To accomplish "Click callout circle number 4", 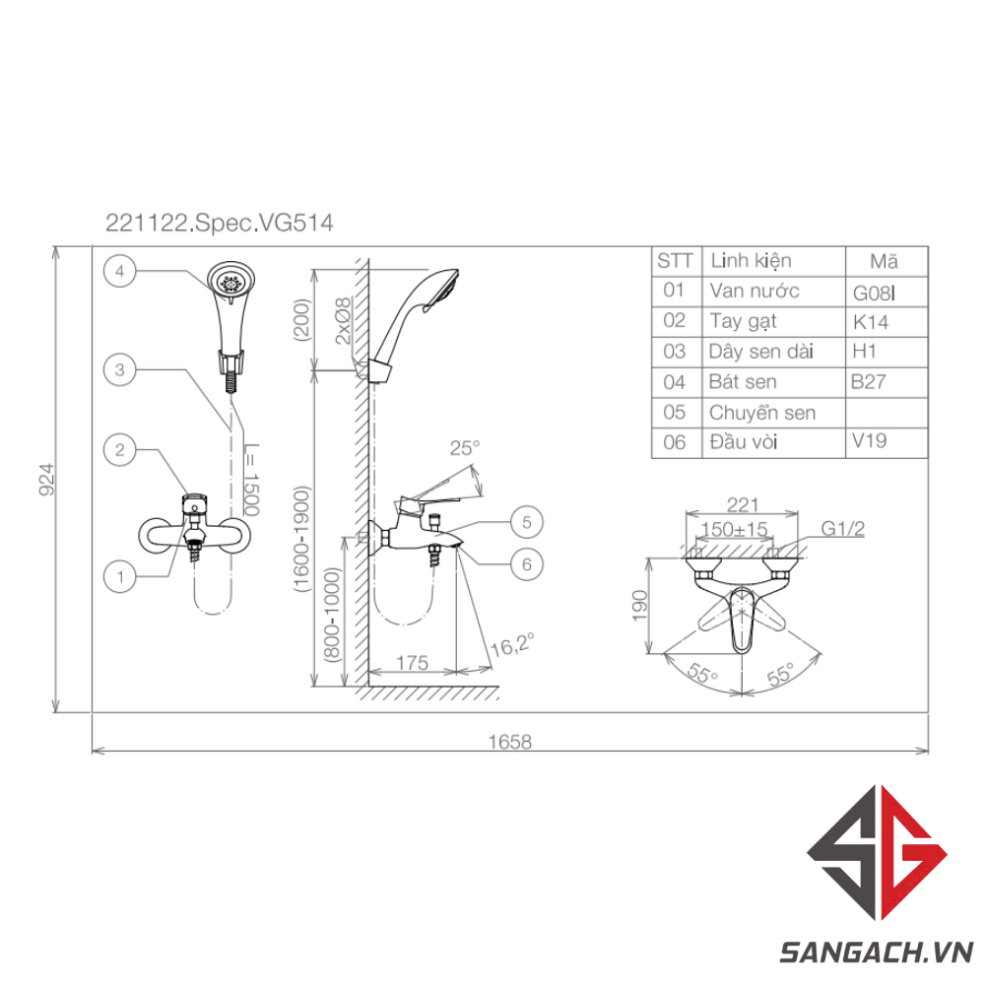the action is coord(119,272).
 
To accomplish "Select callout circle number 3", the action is coord(119,370).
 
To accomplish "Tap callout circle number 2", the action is coord(119,450).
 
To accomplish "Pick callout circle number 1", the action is coord(119,576).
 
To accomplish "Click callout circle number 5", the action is coord(526,522).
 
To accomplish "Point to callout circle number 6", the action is coord(526,564).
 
